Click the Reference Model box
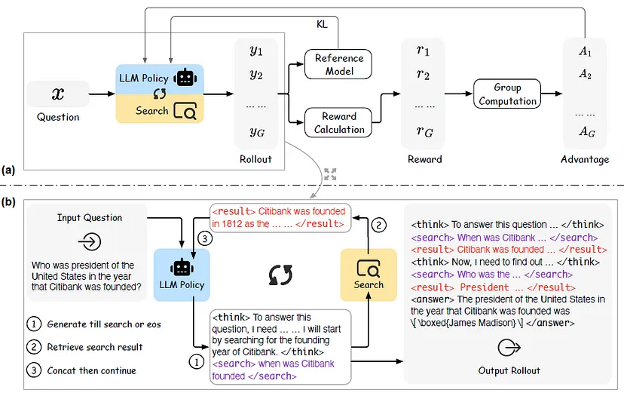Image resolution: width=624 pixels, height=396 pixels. click(x=339, y=64)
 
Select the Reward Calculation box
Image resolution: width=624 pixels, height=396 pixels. click(x=339, y=122)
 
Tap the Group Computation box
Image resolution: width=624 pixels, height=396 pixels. click(x=507, y=93)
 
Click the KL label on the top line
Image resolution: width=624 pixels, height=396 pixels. click(x=322, y=24)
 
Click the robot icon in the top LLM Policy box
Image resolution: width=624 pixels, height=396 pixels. click(x=184, y=78)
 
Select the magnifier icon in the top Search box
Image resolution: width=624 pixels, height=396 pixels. click(x=185, y=111)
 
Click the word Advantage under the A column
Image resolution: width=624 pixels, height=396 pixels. click(x=584, y=159)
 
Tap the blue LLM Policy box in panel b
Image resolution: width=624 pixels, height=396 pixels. click(x=182, y=273)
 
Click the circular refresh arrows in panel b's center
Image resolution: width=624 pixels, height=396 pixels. click(x=280, y=275)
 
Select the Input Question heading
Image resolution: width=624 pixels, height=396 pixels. click(x=89, y=217)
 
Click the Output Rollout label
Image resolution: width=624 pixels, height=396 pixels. click(x=509, y=370)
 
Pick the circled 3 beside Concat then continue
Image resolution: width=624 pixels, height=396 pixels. click(x=32, y=370)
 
